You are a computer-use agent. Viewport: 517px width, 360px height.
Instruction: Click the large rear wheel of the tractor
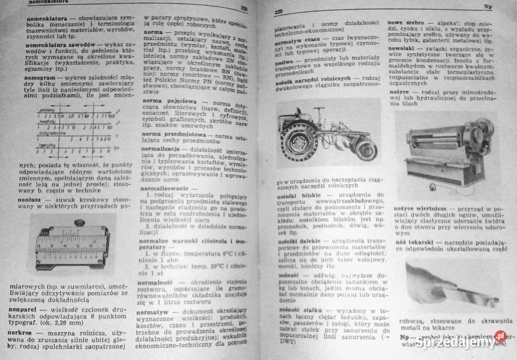click(299, 142)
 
